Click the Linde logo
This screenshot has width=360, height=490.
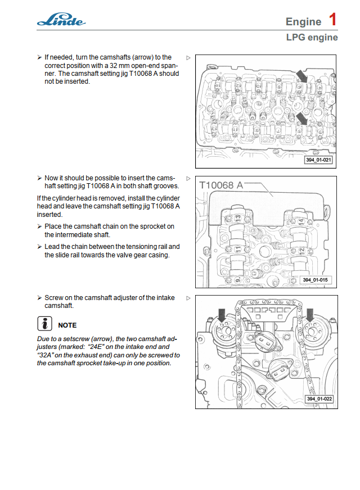pos(61,21)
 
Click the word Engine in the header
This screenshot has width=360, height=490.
pos(303,22)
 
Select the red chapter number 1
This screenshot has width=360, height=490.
pos(333,20)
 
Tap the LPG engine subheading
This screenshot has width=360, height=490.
pos(312,38)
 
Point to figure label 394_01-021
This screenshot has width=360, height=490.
pos(318,160)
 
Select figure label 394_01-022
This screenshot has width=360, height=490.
pos(319,398)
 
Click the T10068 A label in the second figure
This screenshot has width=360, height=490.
pos(221,185)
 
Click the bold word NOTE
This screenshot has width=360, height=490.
pos(67,325)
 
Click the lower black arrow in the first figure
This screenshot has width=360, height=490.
pos(303,118)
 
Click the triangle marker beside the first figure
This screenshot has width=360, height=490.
pos(188,57)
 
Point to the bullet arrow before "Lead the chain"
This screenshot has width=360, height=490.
pos(39,247)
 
